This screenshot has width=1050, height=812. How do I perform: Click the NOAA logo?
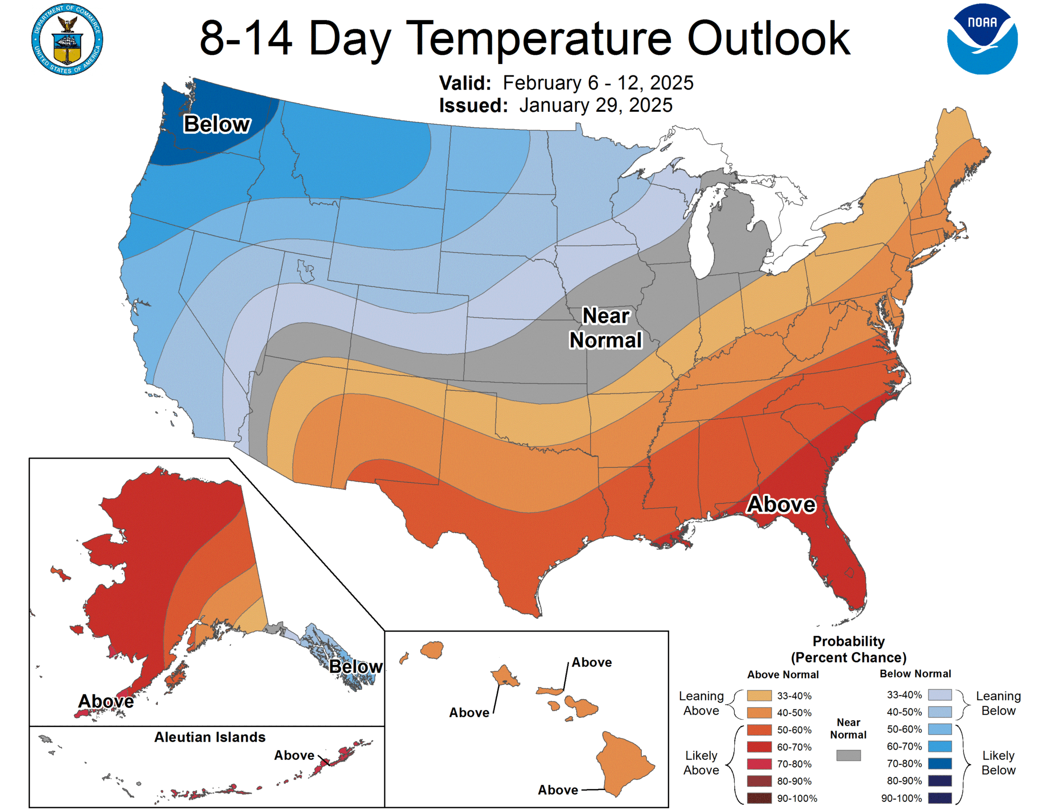click(982, 39)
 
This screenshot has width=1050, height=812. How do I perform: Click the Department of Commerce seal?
click(67, 39)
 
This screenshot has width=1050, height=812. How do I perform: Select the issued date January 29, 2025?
click(595, 105)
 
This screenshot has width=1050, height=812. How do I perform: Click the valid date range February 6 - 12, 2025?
click(598, 83)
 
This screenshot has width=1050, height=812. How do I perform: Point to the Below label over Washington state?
click(217, 124)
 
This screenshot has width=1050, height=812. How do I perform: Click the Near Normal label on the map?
click(605, 328)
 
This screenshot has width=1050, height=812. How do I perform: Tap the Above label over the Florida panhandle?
click(781, 504)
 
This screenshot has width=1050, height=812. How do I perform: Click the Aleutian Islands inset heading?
click(210, 737)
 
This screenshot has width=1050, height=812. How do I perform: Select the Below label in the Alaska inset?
click(355, 666)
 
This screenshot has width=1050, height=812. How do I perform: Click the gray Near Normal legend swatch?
click(848, 755)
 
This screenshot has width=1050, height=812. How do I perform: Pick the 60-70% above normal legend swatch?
click(759, 747)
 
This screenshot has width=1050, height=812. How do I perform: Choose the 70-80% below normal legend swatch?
click(940, 763)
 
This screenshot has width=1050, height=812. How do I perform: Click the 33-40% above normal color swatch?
click(759, 696)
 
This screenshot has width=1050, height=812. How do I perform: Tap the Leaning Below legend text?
click(998, 703)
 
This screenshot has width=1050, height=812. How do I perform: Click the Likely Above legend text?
click(701, 763)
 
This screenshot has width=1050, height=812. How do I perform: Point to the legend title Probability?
click(849, 641)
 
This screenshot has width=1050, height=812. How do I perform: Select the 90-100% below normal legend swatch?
click(940, 798)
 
